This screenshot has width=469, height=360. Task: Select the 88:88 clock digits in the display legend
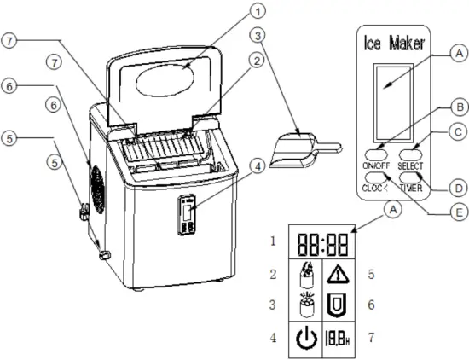pos(316,241)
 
